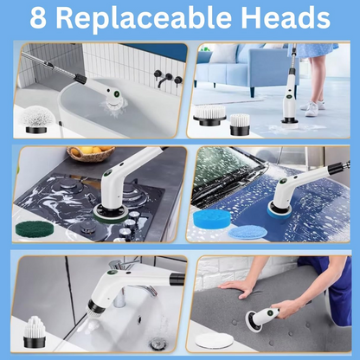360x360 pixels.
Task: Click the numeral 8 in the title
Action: (38, 18)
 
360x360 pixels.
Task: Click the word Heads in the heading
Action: (286, 17)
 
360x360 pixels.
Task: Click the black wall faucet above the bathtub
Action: (168, 78)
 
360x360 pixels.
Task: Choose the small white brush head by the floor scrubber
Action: (240, 125)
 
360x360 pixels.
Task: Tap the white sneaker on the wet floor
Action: (312, 108)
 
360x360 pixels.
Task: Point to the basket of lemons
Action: (90, 154)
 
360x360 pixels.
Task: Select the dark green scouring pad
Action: (35, 228)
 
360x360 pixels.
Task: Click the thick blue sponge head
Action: (211, 219)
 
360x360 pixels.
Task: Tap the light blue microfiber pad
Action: (245, 233)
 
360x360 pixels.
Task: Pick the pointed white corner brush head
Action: (34, 331)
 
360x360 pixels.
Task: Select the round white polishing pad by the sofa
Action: (214, 340)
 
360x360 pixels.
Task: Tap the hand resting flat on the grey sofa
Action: (236, 288)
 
